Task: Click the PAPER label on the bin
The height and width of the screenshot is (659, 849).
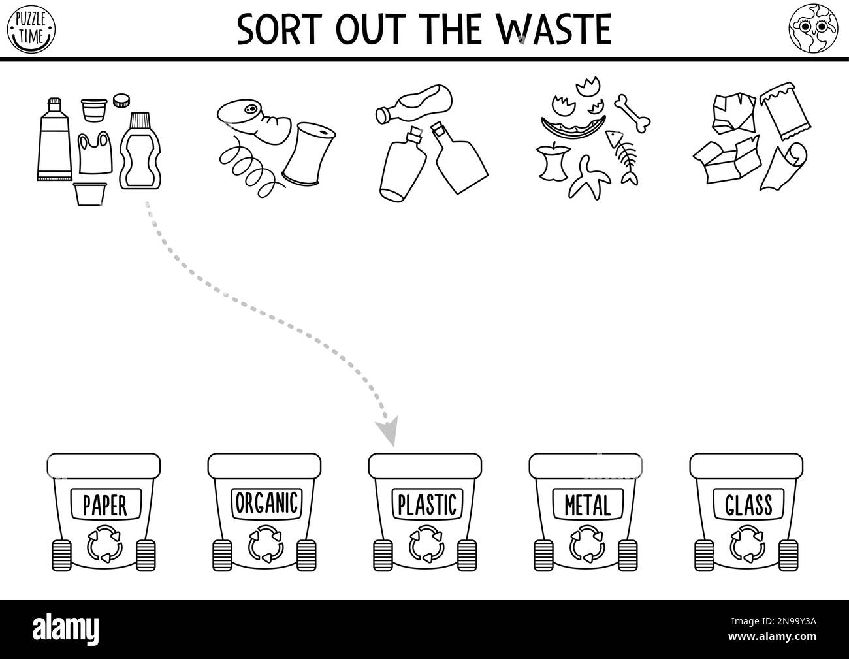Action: (x=104, y=504)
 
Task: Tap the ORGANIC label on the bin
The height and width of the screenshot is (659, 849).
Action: (x=266, y=503)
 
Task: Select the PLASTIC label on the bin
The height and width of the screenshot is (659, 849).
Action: (x=426, y=504)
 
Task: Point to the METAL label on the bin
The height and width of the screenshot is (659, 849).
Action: (x=587, y=504)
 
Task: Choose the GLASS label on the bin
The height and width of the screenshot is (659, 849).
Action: (x=748, y=504)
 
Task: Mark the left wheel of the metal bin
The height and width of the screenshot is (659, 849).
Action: (x=544, y=556)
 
